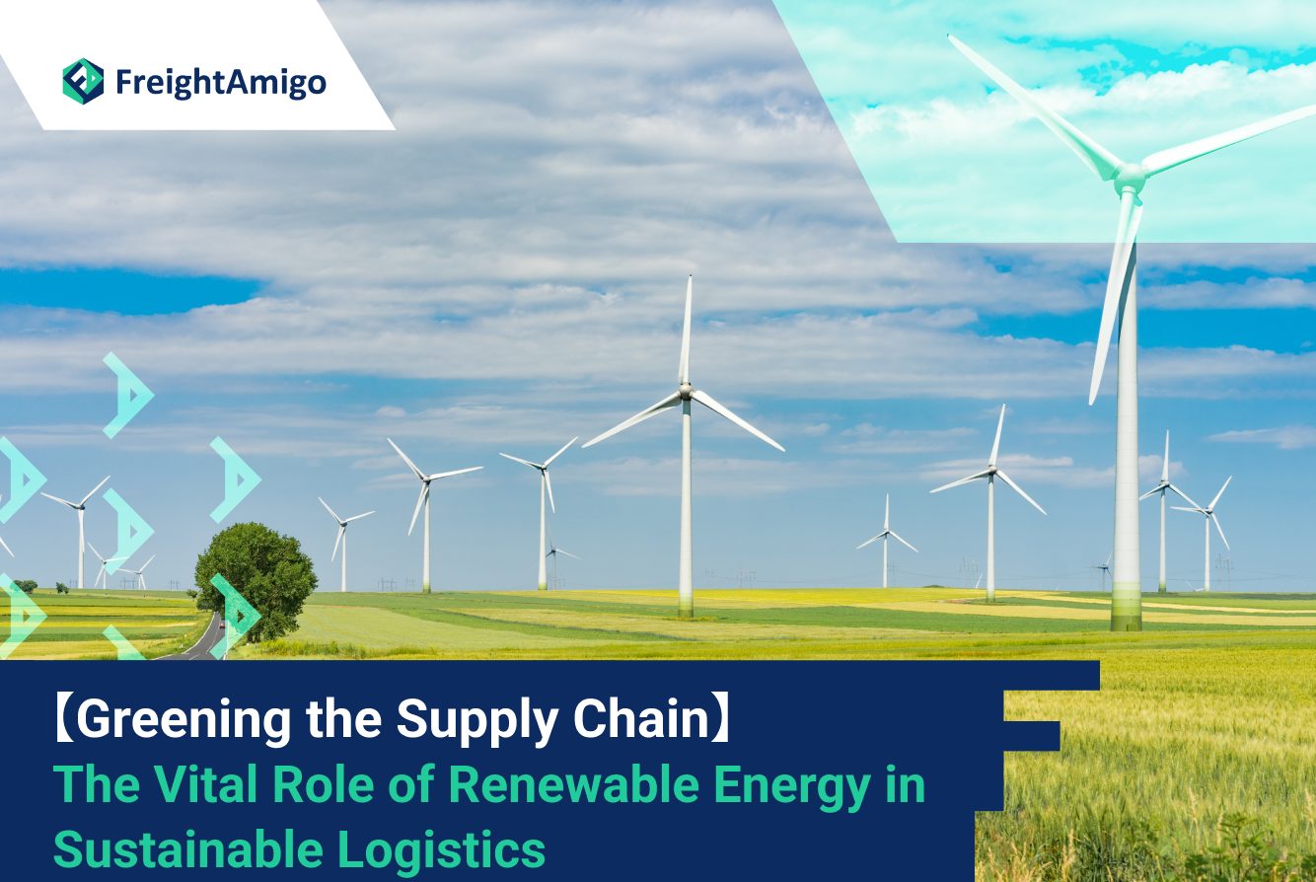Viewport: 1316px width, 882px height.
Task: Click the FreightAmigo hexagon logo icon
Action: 84,81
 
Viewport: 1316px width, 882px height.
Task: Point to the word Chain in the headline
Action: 641,718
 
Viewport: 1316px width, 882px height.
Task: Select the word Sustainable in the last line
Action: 188,849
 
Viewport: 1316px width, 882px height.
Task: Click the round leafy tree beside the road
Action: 256,580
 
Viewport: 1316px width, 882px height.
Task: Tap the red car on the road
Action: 222,625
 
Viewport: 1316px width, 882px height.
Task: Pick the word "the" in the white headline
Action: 343,718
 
